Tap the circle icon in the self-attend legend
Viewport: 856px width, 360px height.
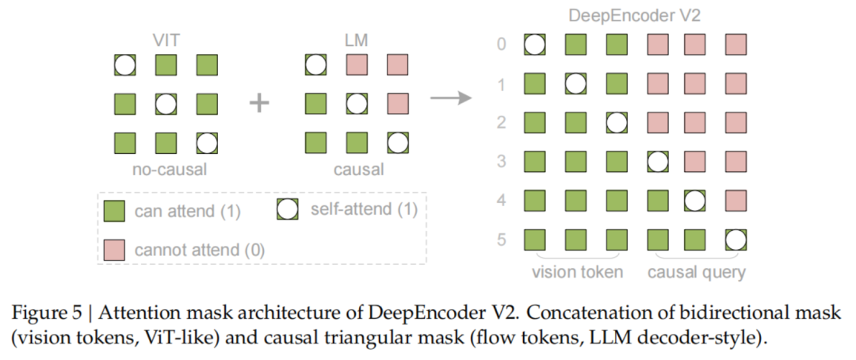288,210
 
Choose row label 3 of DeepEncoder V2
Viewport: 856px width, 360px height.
500,161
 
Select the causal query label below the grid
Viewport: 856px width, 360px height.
696,274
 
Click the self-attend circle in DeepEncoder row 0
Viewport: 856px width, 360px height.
536,44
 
